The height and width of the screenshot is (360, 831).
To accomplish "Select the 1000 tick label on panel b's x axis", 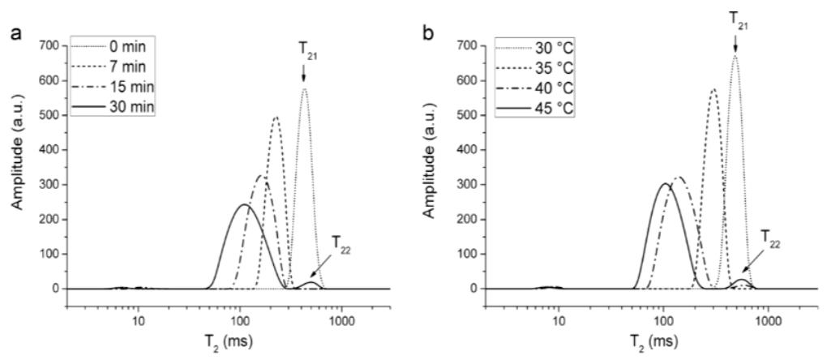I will (x=768, y=332).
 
